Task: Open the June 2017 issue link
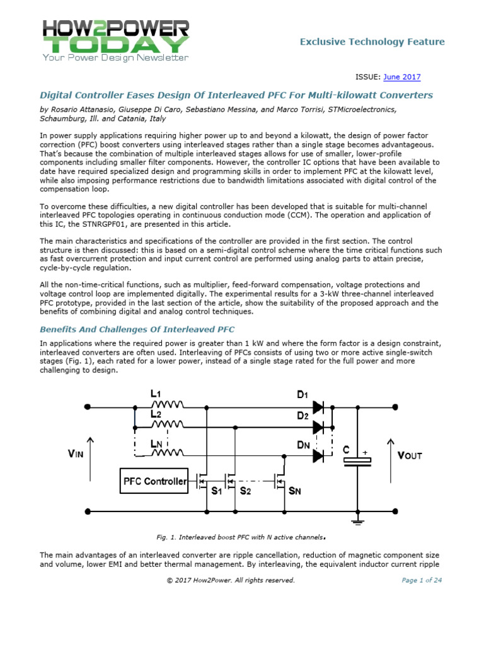click(x=402, y=77)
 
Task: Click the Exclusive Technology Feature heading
click(x=372, y=42)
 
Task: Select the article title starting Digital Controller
click(x=236, y=96)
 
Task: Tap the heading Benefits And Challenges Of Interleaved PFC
click(x=137, y=329)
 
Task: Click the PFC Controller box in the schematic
click(x=154, y=481)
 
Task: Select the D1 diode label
click(x=302, y=395)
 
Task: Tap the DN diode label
click(x=303, y=445)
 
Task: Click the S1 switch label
click(x=216, y=491)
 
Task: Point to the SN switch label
click(x=294, y=491)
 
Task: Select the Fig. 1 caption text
click(x=241, y=537)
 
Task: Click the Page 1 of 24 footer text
click(x=422, y=580)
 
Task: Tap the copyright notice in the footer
click(x=230, y=580)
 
